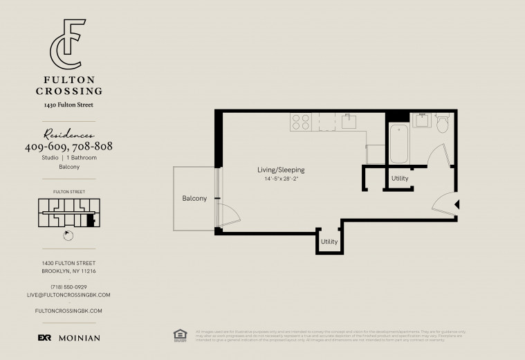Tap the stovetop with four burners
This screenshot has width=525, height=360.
(300, 122)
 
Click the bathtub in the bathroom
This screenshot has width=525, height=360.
(398, 143)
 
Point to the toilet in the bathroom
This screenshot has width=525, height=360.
(443, 123)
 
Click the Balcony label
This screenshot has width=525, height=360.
(194, 199)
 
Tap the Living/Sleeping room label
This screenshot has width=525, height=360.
(281, 170)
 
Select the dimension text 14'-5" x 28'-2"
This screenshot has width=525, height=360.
(284, 179)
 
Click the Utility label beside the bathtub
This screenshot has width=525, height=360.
(400, 179)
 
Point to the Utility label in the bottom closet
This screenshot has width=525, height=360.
(329, 242)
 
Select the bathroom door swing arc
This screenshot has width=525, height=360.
(437, 154)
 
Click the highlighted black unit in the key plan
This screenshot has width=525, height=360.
(90, 222)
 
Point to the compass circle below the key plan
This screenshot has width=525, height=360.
(68, 235)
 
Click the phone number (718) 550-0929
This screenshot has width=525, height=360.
(68, 287)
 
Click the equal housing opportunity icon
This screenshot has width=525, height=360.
(180, 334)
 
